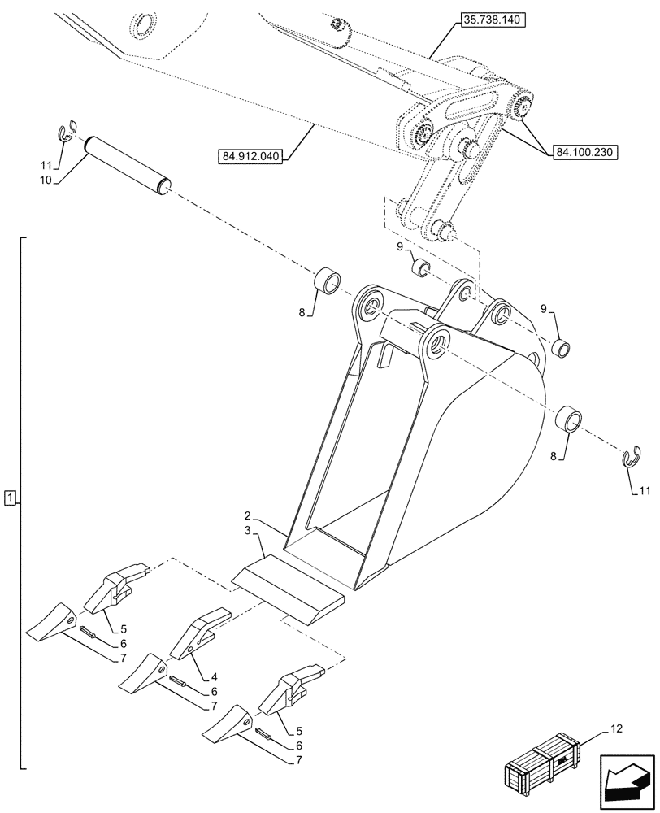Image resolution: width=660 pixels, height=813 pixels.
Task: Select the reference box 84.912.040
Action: coord(250,156)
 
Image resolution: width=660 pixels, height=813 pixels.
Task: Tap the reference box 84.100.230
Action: coord(586,151)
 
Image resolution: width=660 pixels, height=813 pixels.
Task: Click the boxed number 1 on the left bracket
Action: coord(9,497)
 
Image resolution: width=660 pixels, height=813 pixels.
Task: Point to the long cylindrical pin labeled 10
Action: coord(128,165)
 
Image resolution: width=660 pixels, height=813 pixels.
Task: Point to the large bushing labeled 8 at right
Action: coord(567,420)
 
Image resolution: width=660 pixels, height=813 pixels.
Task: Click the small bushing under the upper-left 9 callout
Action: coord(420,266)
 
